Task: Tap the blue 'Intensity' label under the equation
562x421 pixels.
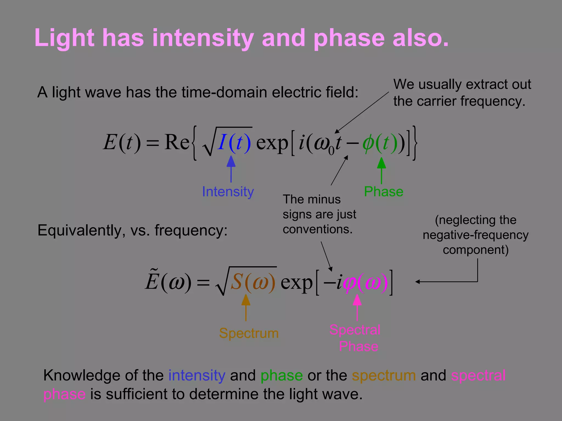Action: click(228, 192)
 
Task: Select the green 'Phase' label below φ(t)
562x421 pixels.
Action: click(383, 192)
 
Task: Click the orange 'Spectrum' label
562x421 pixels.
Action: click(249, 333)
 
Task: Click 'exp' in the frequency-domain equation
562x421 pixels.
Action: click(296, 282)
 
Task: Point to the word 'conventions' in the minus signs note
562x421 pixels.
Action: click(317, 229)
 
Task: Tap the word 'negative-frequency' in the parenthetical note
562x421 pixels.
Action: click(475, 235)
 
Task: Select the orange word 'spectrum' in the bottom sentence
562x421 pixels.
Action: click(384, 376)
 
